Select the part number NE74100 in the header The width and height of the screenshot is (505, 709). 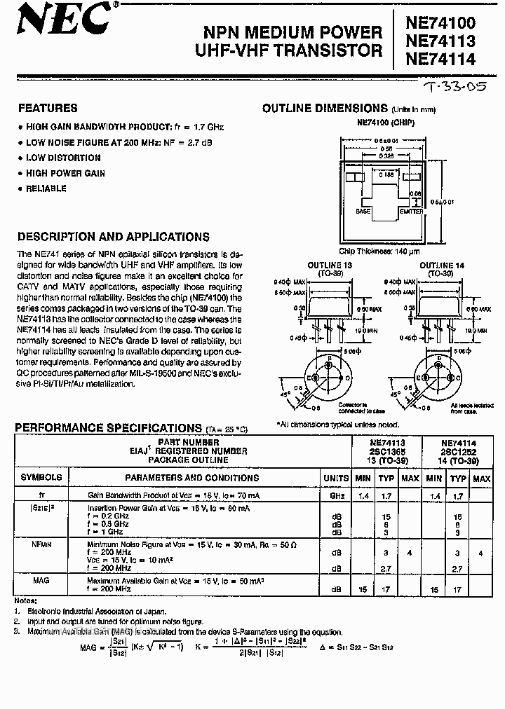pyautogui.click(x=442, y=24)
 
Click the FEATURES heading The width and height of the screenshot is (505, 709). pyautogui.click(x=47, y=109)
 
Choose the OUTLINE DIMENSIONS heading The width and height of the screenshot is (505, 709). pyautogui.click(x=325, y=109)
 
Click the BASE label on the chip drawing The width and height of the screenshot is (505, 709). pyautogui.click(x=363, y=211)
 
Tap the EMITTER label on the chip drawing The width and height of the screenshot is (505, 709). pyautogui.click(x=411, y=211)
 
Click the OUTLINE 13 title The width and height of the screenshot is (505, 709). pyautogui.click(x=330, y=266)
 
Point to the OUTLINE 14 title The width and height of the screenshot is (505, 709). pyautogui.click(x=440, y=266)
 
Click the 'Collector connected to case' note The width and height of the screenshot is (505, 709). pyautogui.click(x=351, y=408)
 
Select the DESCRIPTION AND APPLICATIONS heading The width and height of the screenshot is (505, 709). pyautogui.click(x=113, y=237)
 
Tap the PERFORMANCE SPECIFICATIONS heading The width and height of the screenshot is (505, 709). pyautogui.click(x=109, y=428)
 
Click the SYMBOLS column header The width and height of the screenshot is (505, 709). pyautogui.click(x=41, y=478)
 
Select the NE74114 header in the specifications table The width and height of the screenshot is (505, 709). pyautogui.click(x=459, y=443)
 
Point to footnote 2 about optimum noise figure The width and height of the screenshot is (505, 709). pyautogui.click(x=112, y=621)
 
